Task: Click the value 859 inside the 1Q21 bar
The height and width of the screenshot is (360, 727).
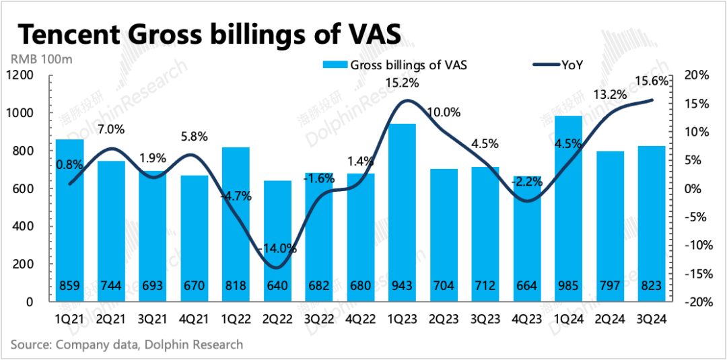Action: point(70,286)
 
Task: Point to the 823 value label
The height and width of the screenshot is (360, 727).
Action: point(652,286)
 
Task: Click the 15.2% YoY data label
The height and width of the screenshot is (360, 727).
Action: point(403,83)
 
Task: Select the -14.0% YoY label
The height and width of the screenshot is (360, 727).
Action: point(278,248)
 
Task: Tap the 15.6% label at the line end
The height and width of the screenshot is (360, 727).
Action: point(651,81)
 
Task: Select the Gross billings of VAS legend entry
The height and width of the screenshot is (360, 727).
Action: point(396,65)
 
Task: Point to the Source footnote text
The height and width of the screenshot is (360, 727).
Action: point(127,345)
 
